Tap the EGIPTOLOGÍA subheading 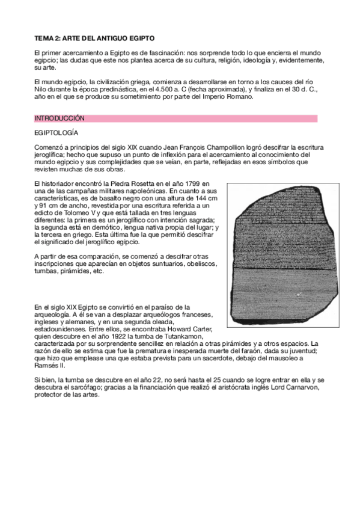56,133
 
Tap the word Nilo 40,88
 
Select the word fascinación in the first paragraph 162,52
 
